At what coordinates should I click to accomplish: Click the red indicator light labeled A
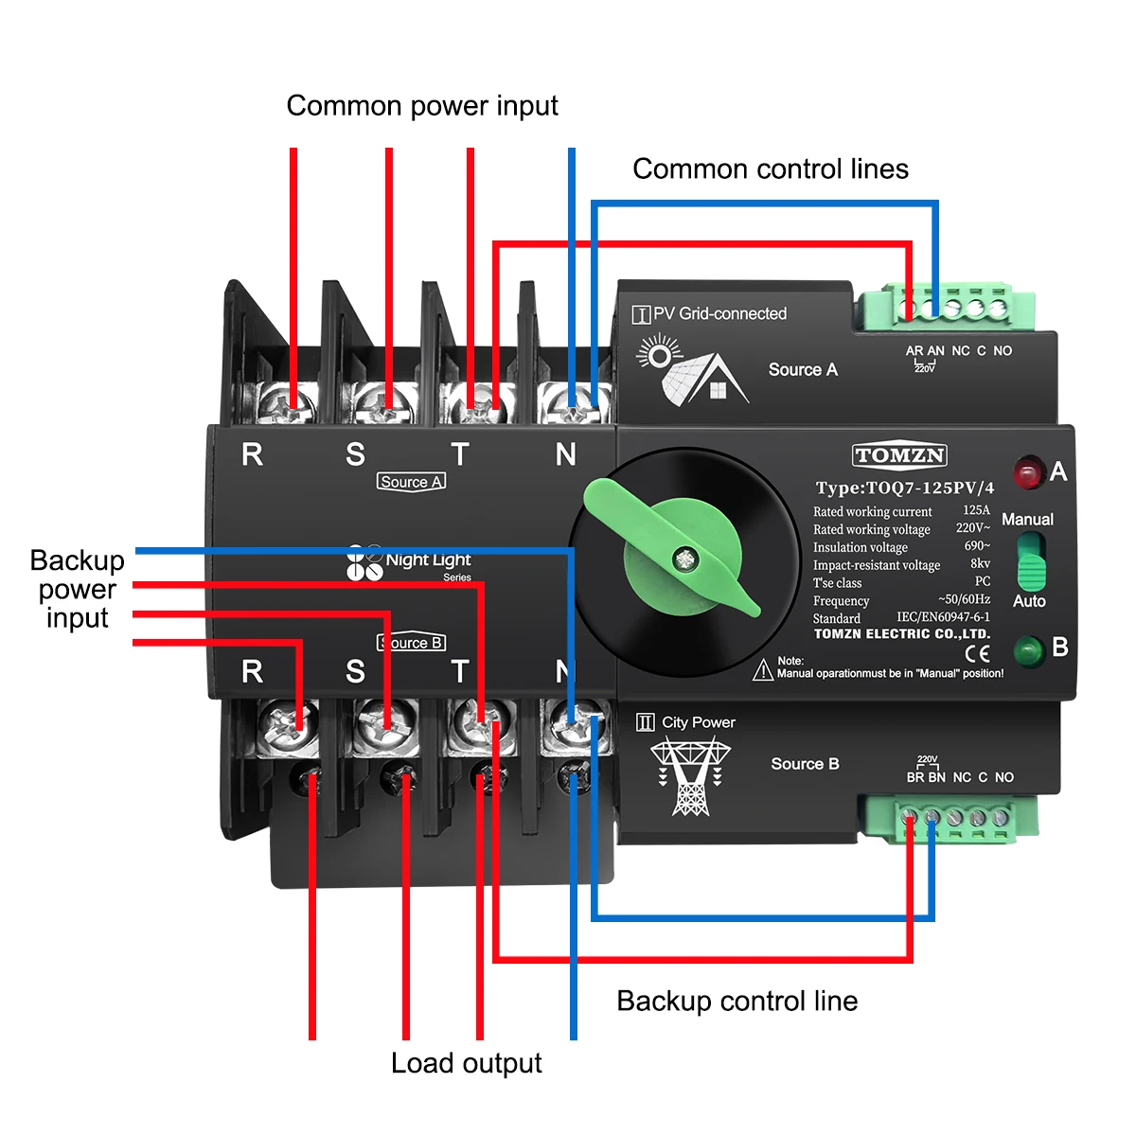point(1027,471)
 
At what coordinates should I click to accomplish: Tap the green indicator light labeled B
point(1027,650)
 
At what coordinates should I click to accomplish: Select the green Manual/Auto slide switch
point(1030,561)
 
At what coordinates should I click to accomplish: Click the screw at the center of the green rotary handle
point(683,559)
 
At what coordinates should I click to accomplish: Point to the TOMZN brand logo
point(899,455)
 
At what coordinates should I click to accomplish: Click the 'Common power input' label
point(422,105)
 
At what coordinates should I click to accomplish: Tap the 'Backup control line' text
point(737,1001)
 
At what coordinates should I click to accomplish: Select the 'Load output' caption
point(466,1063)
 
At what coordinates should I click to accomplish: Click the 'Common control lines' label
point(770,169)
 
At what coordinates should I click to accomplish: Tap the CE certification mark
point(977,653)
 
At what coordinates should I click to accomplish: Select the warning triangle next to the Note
point(763,670)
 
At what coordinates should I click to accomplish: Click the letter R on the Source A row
point(252,454)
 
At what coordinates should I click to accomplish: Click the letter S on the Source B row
point(355,671)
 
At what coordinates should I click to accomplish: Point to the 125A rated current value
point(976,510)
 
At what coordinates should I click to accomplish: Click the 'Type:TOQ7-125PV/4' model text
point(904,488)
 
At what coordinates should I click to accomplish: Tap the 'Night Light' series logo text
point(428,559)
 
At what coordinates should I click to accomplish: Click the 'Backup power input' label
point(77,589)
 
